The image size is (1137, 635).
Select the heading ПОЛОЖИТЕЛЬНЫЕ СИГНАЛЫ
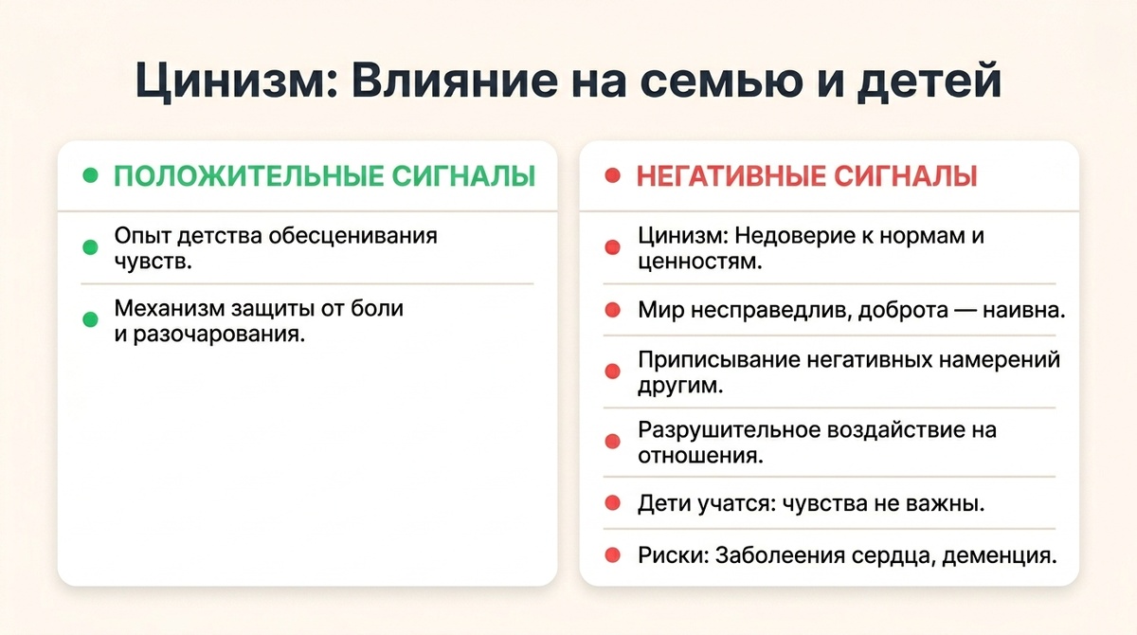[x=324, y=176]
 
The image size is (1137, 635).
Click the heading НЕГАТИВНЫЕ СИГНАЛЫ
[x=807, y=176]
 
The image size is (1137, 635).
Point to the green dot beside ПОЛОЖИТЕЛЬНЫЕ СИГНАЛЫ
[x=90, y=176]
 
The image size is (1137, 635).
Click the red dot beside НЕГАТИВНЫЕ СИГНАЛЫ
[x=612, y=176]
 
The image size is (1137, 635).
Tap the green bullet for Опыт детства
[x=90, y=247]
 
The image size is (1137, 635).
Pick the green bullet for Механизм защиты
[x=90, y=320]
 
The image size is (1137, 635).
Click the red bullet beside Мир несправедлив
[x=612, y=310]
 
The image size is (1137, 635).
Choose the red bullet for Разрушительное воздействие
[x=612, y=442]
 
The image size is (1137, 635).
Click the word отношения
[x=700, y=455]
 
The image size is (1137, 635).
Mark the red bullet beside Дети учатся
[x=612, y=503]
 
